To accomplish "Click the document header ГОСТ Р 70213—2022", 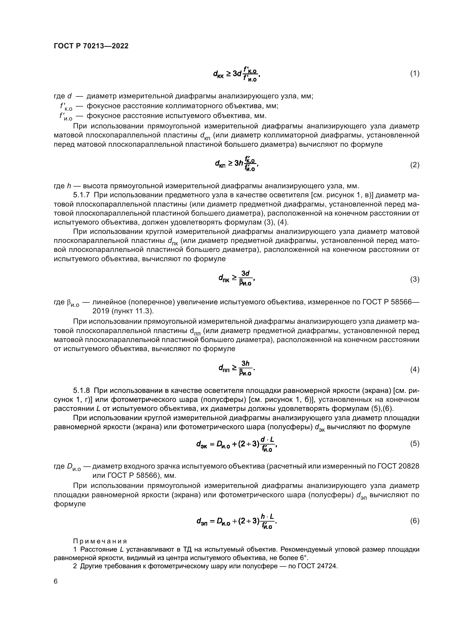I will [91, 46].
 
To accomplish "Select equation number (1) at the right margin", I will [415, 73].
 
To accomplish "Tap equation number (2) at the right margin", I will [415, 165].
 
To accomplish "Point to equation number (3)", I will [415, 279].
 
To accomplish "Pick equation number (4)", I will [415, 370].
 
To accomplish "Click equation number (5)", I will [415, 444].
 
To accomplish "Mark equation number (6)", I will [415, 521].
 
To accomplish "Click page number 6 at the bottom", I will [56, 581].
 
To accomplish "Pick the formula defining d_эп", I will [237, 521].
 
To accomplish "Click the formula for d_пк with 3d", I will [237, 278].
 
